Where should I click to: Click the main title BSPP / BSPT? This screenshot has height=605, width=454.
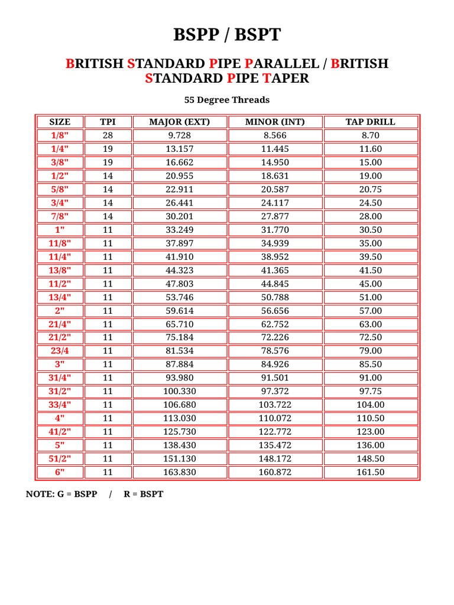click(227, 35)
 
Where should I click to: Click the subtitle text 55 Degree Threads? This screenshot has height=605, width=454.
click(227, 100)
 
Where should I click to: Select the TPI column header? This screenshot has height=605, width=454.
click(108, 122)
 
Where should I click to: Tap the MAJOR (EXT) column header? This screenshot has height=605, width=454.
click(179, 122)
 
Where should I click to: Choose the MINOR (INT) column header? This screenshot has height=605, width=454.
click(275, 122)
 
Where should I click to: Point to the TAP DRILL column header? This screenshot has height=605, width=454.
click(370, 122)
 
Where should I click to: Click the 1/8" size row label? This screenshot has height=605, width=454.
click(59, 135)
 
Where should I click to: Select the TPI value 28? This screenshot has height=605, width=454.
click(108, 135)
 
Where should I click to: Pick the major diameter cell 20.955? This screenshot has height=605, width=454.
click(179, 176)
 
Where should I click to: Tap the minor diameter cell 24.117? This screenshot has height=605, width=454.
click(275, 203)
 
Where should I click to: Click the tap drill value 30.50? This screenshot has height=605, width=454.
click(370, 230)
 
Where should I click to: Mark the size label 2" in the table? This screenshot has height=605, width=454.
click(59, 311)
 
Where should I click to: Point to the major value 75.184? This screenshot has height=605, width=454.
click(179, 337)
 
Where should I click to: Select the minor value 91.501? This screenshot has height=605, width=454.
click(275, 378)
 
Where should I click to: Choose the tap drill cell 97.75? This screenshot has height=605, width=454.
click(370, 391)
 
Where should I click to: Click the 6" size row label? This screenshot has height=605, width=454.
click(59, 472)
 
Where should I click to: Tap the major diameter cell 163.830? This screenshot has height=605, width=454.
click(179, 472)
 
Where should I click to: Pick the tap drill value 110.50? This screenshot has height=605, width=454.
click(370, 418)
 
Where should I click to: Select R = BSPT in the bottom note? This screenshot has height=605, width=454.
click(144, 494)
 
